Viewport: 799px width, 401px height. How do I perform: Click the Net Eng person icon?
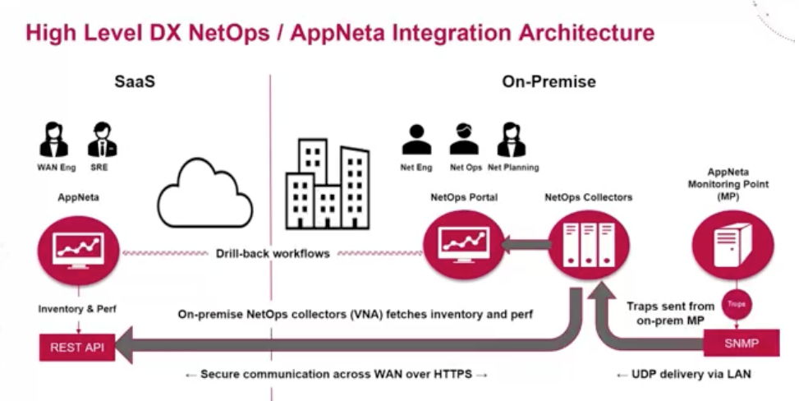tap(416, 140)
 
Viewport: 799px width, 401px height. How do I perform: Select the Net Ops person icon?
tap(465, 140)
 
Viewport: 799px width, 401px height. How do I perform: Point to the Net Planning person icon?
tap(512, 140)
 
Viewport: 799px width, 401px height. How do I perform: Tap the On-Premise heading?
tap(549, 82)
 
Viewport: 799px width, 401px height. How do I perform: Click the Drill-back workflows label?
tap(274, 253)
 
